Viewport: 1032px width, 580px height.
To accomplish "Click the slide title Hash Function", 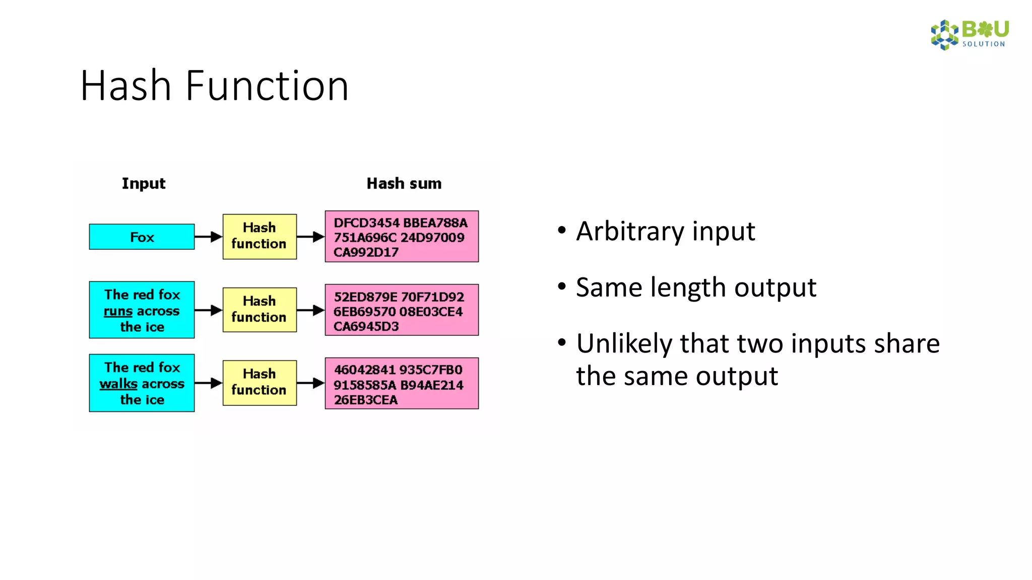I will (214, 86).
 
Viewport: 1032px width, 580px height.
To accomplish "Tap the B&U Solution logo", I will (969, 34).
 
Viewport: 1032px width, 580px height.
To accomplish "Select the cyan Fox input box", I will (142, 237).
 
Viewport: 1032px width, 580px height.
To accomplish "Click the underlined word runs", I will (118, 311).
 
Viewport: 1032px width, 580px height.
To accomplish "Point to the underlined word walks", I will (118, 384).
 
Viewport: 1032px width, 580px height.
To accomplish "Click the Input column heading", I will (143, 183).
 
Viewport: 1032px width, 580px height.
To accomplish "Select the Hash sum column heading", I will (404, 183).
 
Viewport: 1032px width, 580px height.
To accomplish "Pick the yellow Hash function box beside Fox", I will (260, 236).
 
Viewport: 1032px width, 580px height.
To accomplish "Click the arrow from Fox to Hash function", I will (208, 237).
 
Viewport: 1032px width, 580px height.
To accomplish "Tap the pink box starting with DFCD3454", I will (402, 236).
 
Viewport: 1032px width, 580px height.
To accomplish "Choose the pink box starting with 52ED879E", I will (402, 310).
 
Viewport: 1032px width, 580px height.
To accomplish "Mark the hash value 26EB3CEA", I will (365, 400).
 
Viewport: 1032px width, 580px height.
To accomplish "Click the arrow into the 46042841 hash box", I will (310, 383).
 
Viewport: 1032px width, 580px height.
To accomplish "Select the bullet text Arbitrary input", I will (665, 232).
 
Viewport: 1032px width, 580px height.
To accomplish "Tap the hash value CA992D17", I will (365, 252).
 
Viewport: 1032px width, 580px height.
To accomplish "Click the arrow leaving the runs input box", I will (208, 310).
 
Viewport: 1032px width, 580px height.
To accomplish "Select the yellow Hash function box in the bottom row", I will (260, 383).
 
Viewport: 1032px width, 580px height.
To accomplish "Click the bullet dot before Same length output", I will (562, 287).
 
